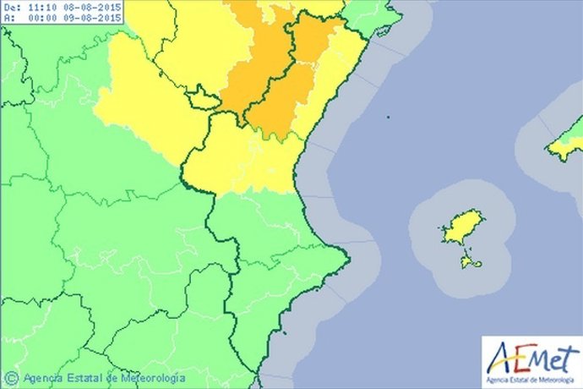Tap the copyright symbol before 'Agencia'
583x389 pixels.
[11, 377]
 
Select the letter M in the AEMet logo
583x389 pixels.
[537, 356]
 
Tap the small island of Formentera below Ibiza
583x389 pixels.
[471, 262]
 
